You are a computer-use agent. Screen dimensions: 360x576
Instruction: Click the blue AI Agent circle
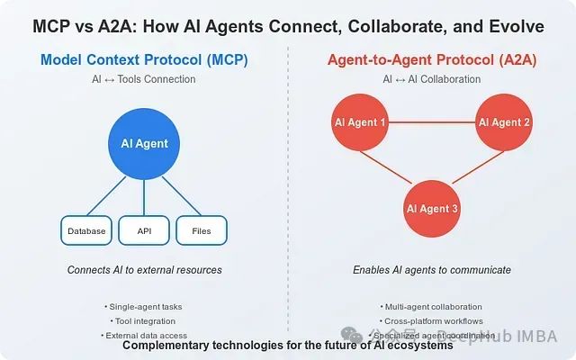click(x=144, y=143)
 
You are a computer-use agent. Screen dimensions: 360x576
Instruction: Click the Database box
click(x=86, y=231)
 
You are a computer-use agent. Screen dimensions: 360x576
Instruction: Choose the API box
click(x=144, y=231)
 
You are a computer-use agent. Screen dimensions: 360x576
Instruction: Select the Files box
click(x=202, y=231)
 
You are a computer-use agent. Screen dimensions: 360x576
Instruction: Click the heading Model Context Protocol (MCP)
click(x=144, y=60)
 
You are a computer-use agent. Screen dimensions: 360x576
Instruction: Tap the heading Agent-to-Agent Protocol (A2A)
click(x=431, y=60)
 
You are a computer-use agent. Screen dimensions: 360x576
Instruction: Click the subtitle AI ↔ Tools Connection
click(x=144, y=79)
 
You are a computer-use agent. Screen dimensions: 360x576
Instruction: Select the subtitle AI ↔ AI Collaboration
click(x=431, y=79)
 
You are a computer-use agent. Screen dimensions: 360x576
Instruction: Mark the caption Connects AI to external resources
click(x=144, y=270)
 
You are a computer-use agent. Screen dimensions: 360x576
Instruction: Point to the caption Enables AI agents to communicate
click(x=431, y=270)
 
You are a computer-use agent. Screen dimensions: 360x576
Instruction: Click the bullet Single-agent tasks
click(x=144, y=307)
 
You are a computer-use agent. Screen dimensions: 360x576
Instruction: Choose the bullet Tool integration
click(x=144, y=321)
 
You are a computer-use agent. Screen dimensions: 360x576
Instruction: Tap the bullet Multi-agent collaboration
click(x=432, y=307)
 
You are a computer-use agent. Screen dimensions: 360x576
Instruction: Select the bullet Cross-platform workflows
click(x=432, y=321)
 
